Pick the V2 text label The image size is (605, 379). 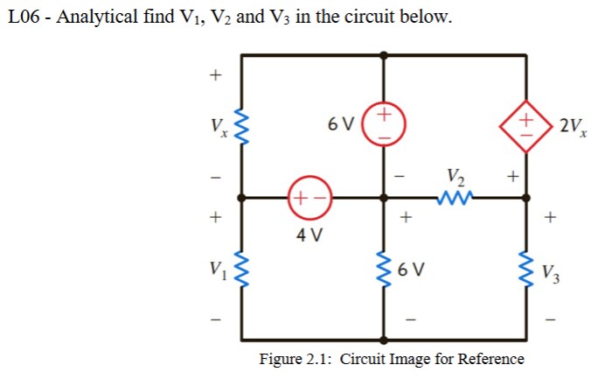tap(455, 176)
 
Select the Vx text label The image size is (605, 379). tap(217, 126)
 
